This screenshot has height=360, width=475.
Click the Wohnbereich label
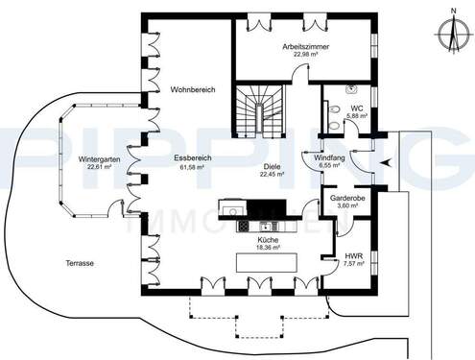click(192, 89)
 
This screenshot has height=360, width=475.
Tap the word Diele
click(273, 167)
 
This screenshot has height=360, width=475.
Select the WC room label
click(356, 108)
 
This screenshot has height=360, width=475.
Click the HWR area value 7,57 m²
click(353, 264)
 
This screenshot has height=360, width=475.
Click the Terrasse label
click(79, 262)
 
